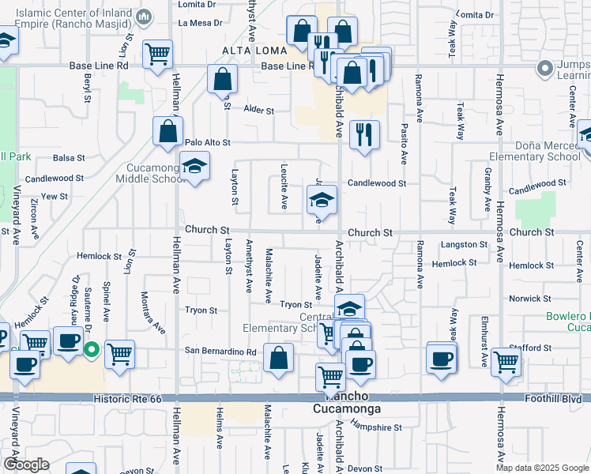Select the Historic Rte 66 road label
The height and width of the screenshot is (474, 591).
(x=127, y=400)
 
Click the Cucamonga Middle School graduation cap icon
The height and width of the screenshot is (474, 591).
(x=194, y=166)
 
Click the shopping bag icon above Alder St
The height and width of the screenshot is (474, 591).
(x=223, y=78)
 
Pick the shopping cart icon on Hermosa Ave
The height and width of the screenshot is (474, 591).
(x=506, y=361)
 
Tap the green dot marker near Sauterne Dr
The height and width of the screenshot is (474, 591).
(x=92, y=348)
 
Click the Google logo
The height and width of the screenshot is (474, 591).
(x=25, y=465)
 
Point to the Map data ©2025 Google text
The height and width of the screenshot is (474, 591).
(x=542, y=468)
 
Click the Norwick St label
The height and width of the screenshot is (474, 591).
(x=529, y=299)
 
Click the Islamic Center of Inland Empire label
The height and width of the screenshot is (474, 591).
(x=74, y=17)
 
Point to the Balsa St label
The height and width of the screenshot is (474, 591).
(x=69, y=158)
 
